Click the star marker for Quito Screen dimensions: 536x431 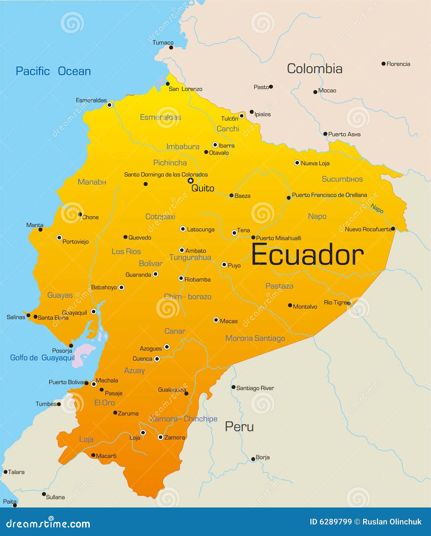190,181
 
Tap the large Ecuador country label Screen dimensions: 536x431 307,255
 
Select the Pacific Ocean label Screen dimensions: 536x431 53,71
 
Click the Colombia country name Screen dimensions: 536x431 315,69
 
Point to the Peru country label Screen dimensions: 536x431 239,427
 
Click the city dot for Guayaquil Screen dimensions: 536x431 94,311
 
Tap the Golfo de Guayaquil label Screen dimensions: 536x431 43,358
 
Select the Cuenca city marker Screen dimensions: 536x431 157,359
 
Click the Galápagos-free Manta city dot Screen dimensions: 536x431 40,230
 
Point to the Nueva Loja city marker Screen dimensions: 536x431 297,163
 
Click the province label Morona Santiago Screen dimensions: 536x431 255,338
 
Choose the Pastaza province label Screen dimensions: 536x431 279,286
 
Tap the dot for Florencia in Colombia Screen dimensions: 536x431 383,64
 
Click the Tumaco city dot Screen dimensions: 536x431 171,48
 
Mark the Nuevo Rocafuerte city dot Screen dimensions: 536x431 393,229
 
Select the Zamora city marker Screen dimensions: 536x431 161,437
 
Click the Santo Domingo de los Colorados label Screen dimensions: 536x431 166,174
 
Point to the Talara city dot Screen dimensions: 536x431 5,472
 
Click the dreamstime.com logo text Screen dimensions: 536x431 48,524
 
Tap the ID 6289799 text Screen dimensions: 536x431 330,522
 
